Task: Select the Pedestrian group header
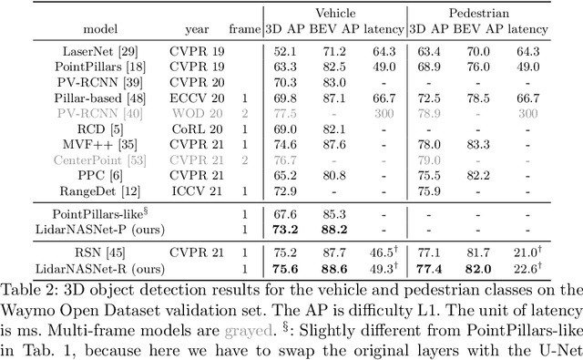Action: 478,13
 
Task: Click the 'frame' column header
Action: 244,28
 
